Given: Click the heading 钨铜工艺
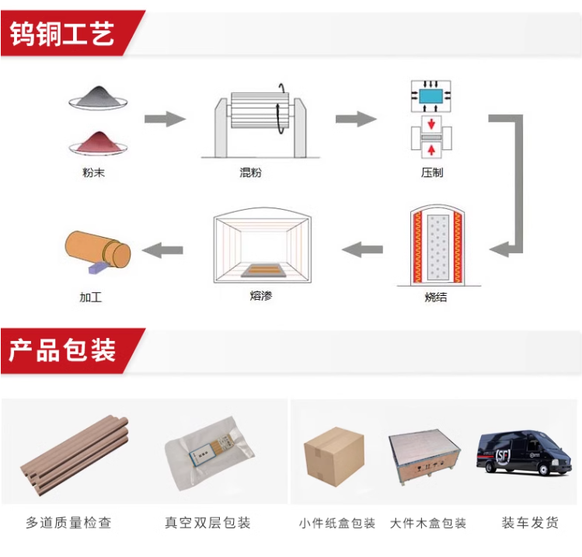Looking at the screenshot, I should pyautogui.click(x=62, y=33).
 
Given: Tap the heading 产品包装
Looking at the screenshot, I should pyautogui.click(x=62, y=350).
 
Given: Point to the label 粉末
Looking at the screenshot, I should pyautogui.click(x=93, y=172).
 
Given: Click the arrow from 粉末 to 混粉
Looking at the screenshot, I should pyautogui.click(x=165, y=119).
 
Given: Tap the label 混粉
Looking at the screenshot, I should pyautogui.click(x=251, y=172).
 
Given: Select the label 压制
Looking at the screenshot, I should pyautogui.click(x=431, y=172).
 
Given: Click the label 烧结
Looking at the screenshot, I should pyautogui.click(x=436, y=298).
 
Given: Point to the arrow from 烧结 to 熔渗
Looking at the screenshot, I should pyautogui.click(x=362, y=249).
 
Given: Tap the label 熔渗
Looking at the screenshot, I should pyautogui.click(x=262, y=296).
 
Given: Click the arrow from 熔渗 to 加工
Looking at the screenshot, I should pyautogui.click(x=164, y=249).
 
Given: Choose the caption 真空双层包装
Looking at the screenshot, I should pyautogui.click(x=207, y=523).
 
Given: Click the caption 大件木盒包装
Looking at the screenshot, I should pyautogui.click(x=428, y=523).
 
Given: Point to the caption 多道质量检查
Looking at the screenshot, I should pyautogui.click(x=68, y=523).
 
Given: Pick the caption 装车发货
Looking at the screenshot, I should pyautogui.click(x=530, y=523).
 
